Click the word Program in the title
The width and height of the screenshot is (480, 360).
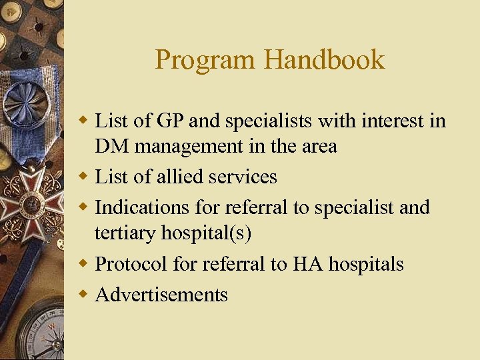205,60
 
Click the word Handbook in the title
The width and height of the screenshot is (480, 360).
324,60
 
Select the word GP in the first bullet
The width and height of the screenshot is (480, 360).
173,121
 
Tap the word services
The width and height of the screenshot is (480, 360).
243,177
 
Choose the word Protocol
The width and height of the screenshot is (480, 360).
132,264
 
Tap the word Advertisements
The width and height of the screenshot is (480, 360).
161,294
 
